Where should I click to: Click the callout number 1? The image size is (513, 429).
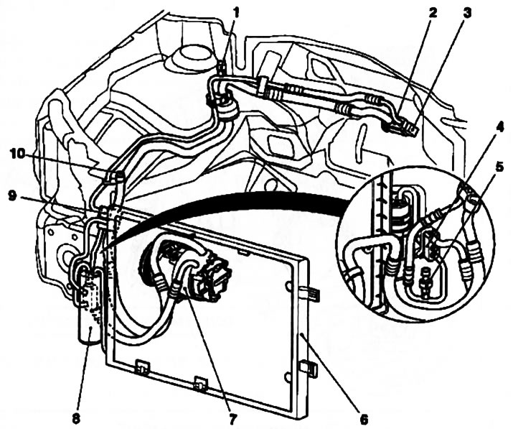pyautogui.click(x=237, y=13)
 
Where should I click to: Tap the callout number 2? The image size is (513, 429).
pyautogui.click(x=433, y=13)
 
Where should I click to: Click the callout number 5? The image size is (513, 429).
pyautogui.click(x=499, y=167)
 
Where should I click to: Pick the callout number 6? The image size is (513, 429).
pyautogui.click(x=364, y=418)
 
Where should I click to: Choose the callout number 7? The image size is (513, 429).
pyautogui.click(x=232, y=419)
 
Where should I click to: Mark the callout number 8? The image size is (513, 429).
pyautogui.click(x=76, y=419)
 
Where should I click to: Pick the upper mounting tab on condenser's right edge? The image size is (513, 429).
pyautogui.click(x=311, y=294)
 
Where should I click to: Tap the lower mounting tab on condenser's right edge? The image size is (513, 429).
pyautogui.click(x=309, y=366)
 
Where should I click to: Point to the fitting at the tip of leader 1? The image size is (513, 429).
pyautogui.click(x=222, y=68)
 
